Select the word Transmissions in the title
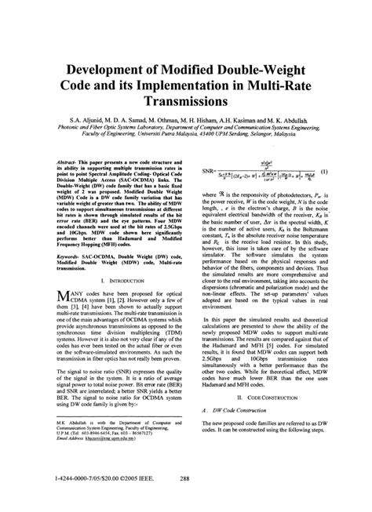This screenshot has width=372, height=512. [185, 102]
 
